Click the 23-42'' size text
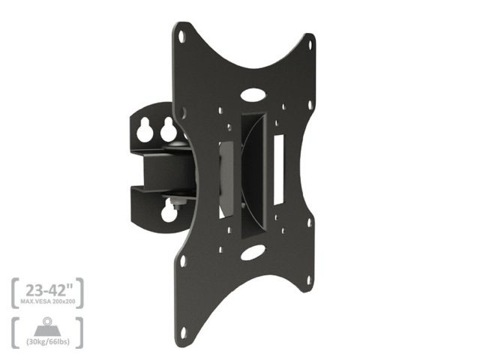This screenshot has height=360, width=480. [x=49, y=289]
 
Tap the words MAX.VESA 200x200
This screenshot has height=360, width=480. [x=48, y=301]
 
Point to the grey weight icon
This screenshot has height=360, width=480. [x=47, y=327]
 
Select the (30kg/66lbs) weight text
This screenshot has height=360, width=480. [x=48, y=341]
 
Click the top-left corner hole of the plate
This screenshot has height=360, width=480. [x=181, y=36]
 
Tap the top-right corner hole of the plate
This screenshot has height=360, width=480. [x=310, y=45]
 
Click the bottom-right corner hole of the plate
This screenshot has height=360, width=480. [x=309, y=280]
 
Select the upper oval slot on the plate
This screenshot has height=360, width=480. [x=253, y=94]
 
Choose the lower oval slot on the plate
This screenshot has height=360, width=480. [x=253, y=253]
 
